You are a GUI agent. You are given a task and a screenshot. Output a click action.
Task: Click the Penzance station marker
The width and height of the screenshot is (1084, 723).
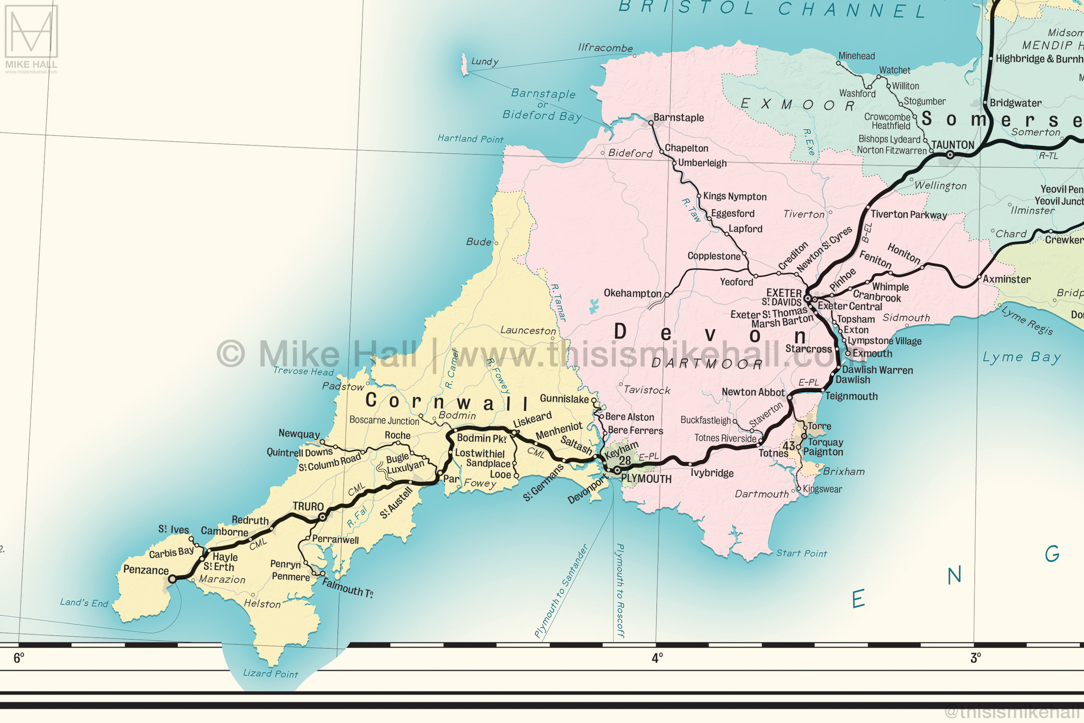click(172, 579)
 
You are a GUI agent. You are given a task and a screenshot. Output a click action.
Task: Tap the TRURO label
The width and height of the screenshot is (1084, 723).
click(308, 506)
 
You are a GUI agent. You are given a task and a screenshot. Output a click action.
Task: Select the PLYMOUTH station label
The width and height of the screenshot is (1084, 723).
click(646, 479)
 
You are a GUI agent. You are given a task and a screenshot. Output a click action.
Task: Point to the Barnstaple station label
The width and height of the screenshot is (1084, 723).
click(678, 117)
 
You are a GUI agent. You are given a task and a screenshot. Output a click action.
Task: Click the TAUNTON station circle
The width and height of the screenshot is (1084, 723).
click(950, 155)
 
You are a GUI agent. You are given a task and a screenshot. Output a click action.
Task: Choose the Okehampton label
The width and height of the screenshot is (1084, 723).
click(632, 293)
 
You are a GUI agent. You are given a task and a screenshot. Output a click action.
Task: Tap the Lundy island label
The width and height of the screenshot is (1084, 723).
click(484, 61)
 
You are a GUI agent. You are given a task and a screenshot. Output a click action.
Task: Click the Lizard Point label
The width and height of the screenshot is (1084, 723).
click(271, 673)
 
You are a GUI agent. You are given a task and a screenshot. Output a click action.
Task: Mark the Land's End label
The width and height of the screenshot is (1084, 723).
click(84, 602)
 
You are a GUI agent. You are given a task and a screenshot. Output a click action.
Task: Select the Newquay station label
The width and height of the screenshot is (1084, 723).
click(299, 433)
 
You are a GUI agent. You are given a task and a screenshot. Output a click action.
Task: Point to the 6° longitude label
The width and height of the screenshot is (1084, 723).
click(19, 658)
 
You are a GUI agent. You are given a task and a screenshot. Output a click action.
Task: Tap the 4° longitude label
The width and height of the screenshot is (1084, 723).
click(657, 658)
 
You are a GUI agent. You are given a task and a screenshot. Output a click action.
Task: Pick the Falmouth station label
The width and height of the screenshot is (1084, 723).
click(347, 587)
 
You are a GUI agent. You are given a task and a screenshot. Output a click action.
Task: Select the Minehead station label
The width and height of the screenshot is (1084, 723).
click(856, 56)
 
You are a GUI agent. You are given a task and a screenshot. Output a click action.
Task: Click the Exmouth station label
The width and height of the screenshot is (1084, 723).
click(872, 354)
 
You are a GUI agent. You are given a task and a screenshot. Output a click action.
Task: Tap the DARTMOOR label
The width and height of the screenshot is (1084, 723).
click(707, 364)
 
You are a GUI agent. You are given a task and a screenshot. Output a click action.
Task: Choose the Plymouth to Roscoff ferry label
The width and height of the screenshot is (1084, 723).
click(620, 591)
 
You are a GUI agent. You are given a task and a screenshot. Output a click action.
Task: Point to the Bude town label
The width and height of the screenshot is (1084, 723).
click(478, 242)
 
